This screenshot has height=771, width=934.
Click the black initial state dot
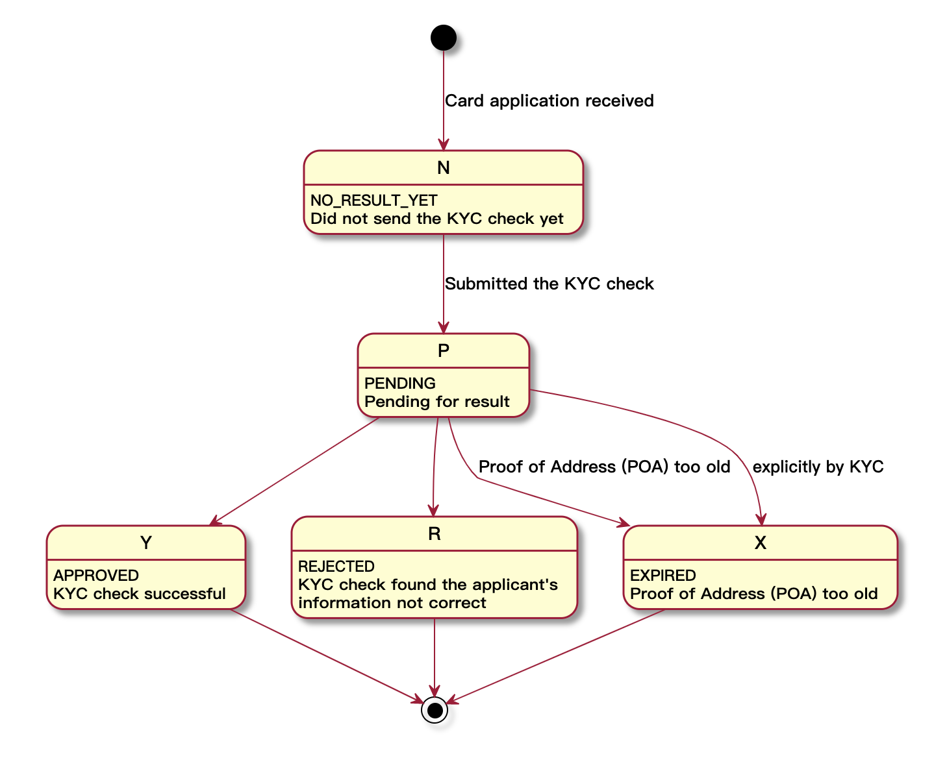pos(444,38)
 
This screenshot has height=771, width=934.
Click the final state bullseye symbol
pos(435,710)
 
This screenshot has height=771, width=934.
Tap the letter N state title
pos(444,168)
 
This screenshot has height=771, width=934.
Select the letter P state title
pos(444,351)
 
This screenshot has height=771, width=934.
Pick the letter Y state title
pos(146,543)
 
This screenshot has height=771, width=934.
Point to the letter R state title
pos(435,534)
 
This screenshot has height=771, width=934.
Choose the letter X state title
pos(760,543)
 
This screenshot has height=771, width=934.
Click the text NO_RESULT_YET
pos(374,201)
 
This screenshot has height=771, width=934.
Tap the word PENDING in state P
pos(400,384)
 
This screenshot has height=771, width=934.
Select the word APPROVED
pos(96,576)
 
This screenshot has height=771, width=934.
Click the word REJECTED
pos(336,567)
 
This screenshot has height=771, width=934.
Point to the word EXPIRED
pos(663,576)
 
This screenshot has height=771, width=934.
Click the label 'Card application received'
pos(549,101)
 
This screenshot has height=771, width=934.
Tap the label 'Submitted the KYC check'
pos(549,284)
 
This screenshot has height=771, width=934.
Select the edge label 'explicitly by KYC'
pos(818,467)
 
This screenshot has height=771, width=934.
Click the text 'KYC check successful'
pos(140,594)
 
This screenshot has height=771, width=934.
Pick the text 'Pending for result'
pos(437,402)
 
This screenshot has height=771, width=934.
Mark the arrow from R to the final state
pos(435,655)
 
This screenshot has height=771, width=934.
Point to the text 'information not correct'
pos(392,603)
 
